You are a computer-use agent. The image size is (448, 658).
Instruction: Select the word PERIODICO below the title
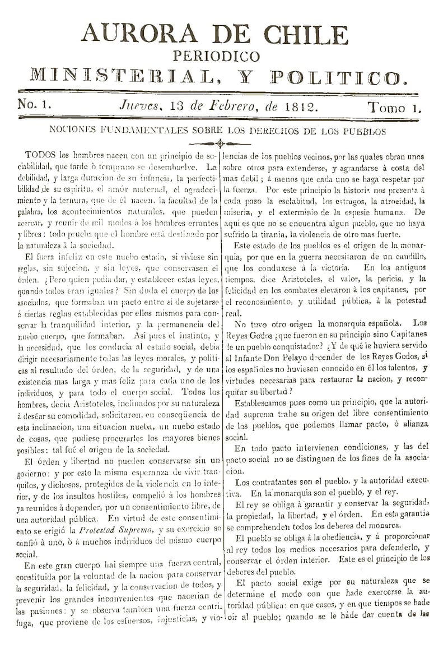217,56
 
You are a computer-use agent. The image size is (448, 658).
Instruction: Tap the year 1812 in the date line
298,105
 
